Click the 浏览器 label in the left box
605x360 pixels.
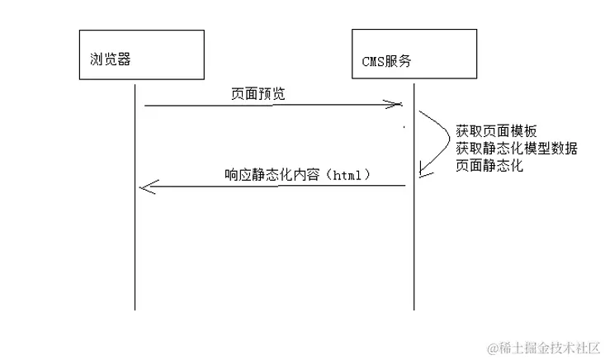pyautogui.click(x=111, y=60)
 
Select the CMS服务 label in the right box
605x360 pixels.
pyautogui.click(x=387, y=61)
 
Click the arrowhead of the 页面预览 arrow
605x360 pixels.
pyautogui.click(x=397, y=105)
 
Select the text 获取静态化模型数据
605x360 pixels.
pyautogui.click(x=516, y=149)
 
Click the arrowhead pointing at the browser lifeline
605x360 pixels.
pyautogui.click(x=145, y=187)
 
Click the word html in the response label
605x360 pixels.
pyautogui.click(x=347, y=176)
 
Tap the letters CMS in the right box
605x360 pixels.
pyautogui.click(x=372, y=61)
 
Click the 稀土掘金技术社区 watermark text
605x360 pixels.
pyautogui.click(x=551, y=347)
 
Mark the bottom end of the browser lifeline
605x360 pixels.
pyautogui.click(x=134, y=310)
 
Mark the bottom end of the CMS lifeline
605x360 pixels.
pyautogui.click(x=413, y=310)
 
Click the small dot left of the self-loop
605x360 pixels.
pyautogui.click(x=404, y=127)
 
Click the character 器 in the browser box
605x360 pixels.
pyautogui.click(x=124, y=60)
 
